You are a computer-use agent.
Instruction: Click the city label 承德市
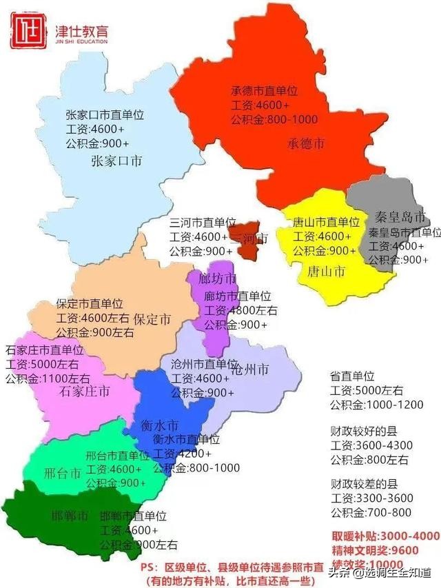coord(306,144)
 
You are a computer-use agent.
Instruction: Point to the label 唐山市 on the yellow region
coord(327,271)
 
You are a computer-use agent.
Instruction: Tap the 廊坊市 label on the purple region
coord(216,279)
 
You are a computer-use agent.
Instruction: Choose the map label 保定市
coord(152,319)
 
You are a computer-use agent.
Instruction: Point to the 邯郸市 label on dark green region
coord(70,515)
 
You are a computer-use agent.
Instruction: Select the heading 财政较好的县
coord(364,432)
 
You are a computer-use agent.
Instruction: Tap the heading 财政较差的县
coord(364,484)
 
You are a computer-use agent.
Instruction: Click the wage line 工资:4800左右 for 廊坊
coord(240,310)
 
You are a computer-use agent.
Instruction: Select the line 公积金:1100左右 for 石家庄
coord(48,378)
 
